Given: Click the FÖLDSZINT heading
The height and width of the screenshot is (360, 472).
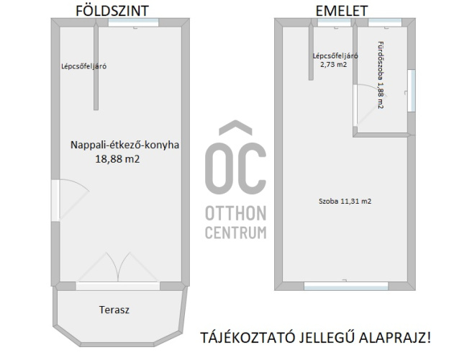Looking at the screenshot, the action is [x=112, y=11].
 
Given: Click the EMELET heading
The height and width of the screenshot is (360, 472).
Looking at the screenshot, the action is [x=342, y=11].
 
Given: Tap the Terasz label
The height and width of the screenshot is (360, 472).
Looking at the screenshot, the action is [x=114, y=310].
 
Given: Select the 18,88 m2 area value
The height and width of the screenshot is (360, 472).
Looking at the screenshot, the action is [x=118, y=159].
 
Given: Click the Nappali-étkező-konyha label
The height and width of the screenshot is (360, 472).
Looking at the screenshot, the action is [x=125, y=145].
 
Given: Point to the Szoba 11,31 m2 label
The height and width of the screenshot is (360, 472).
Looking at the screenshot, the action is [x=345, y=201].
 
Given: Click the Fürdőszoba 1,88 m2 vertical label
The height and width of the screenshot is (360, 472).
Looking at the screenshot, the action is [x=381, y=75].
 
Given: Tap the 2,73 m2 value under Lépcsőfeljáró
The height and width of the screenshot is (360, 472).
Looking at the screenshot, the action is [x=334, y=64].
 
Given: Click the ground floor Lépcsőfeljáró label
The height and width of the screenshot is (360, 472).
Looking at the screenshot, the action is [x=84, y=66].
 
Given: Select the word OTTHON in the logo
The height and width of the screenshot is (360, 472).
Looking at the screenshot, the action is [x=236, y=213].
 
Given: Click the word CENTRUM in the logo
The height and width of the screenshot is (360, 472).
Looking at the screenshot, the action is [x=236, y=233].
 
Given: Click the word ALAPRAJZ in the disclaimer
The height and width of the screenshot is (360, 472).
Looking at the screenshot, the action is [x=394, y=338].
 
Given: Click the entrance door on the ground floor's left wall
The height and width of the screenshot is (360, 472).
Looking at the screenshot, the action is [x=70, y=200].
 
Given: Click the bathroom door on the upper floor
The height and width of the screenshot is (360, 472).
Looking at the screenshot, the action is [x=370, y=105].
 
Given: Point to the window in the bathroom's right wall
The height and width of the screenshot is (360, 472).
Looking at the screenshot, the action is [x=412, y=91].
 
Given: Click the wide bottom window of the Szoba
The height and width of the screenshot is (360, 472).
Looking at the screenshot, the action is [x=346, y=286].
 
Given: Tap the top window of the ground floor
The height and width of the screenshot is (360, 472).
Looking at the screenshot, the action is [x=133, y=22].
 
